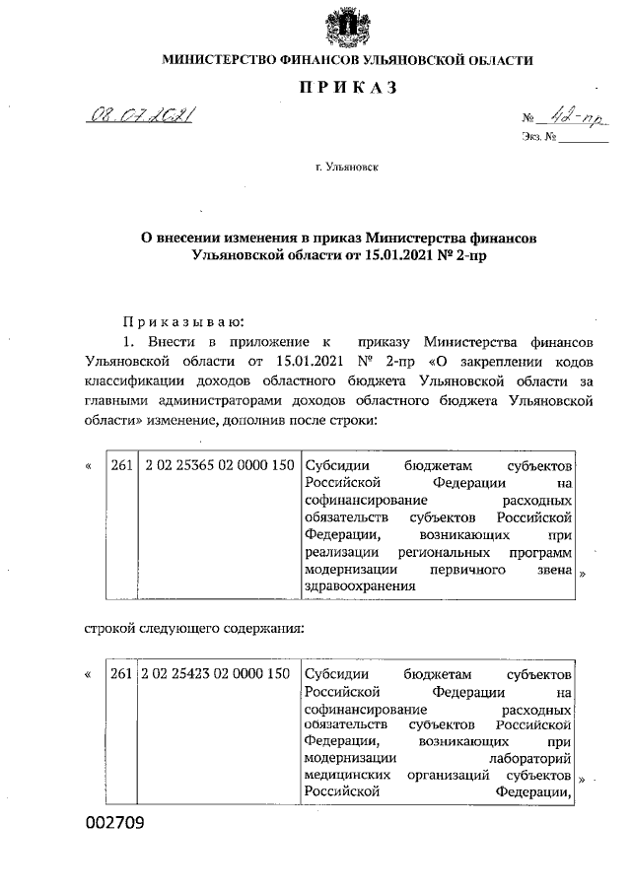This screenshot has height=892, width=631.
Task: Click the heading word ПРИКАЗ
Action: click(x=347, y=89)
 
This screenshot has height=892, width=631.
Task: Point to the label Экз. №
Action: click(x=538, y=141)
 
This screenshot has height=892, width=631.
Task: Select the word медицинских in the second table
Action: click(x=344, y=777)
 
